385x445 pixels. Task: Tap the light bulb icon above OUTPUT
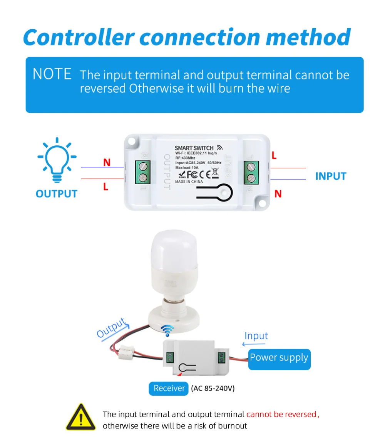point(57,158)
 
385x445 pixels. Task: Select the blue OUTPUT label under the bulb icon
point(56,193)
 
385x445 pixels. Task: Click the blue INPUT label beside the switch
point(331,177)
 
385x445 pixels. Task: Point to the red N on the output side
point(107,163)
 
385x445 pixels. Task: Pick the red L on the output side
point(105,187)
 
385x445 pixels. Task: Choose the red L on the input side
point(274,155)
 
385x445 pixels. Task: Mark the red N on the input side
point(278,194)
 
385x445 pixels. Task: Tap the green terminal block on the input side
point(251,172)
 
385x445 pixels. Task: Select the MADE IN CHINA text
point(189,181)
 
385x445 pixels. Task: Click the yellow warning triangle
point(80,417)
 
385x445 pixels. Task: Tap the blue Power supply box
point(279,358)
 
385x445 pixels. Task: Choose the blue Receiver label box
point(169,388)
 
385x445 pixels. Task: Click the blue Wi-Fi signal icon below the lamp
point(167,329)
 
